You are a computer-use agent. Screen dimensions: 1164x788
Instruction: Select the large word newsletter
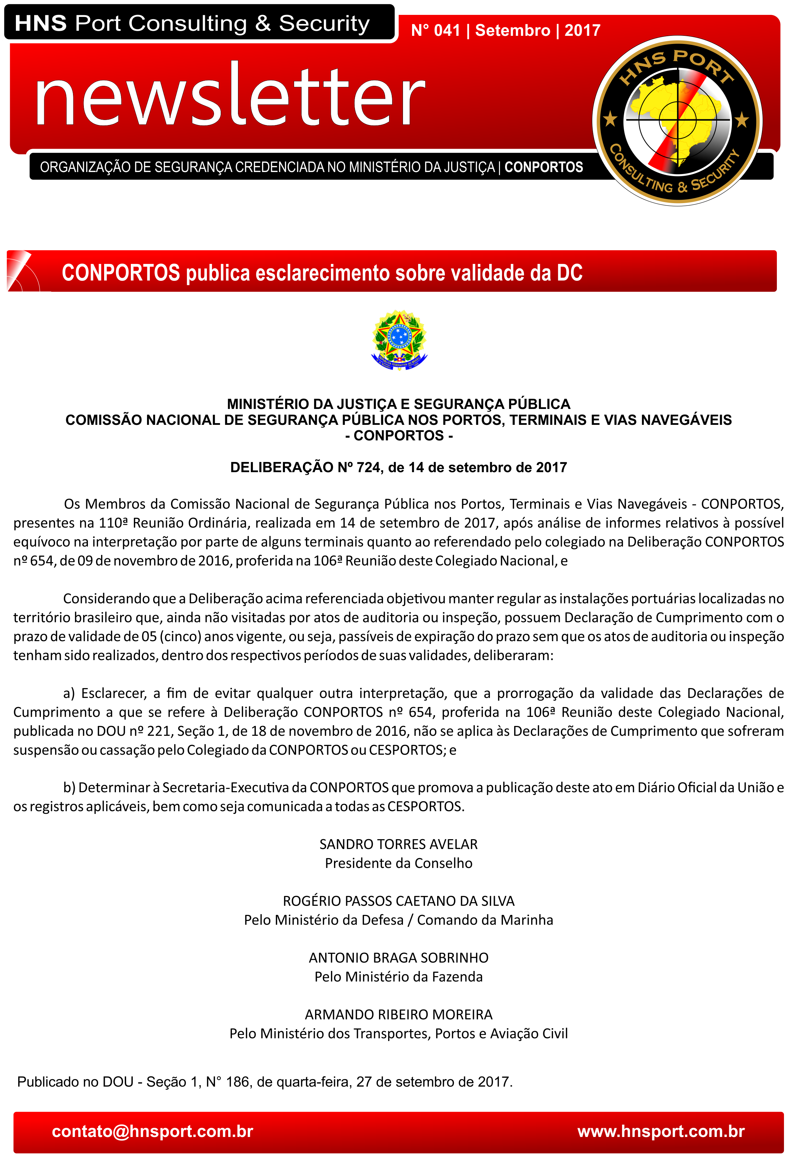[x=230, y=95]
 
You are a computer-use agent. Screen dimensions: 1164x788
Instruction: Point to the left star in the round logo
[x=610, y=120]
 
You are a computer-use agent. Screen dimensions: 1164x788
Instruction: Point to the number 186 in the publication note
[x=237, y=1082]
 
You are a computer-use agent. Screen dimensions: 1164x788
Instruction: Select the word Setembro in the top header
[x=512, y=30]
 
